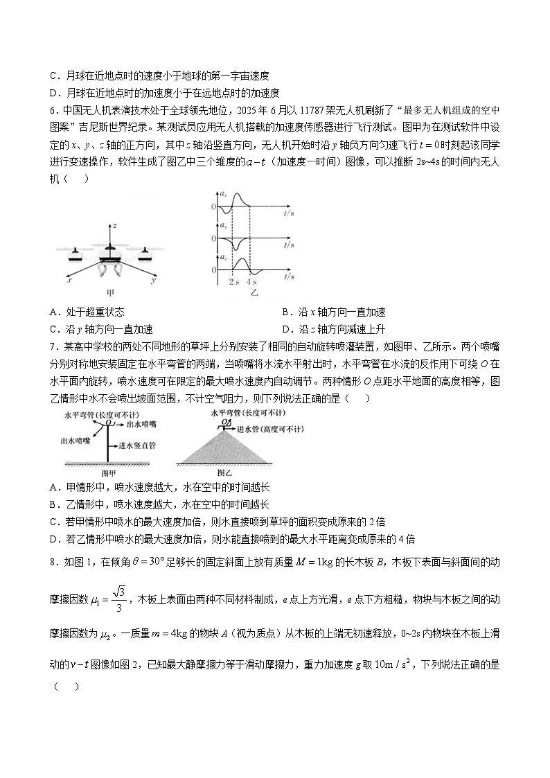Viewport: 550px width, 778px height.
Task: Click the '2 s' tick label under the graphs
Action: tap(233, 283)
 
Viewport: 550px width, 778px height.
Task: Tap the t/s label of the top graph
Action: tap(288, 215)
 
